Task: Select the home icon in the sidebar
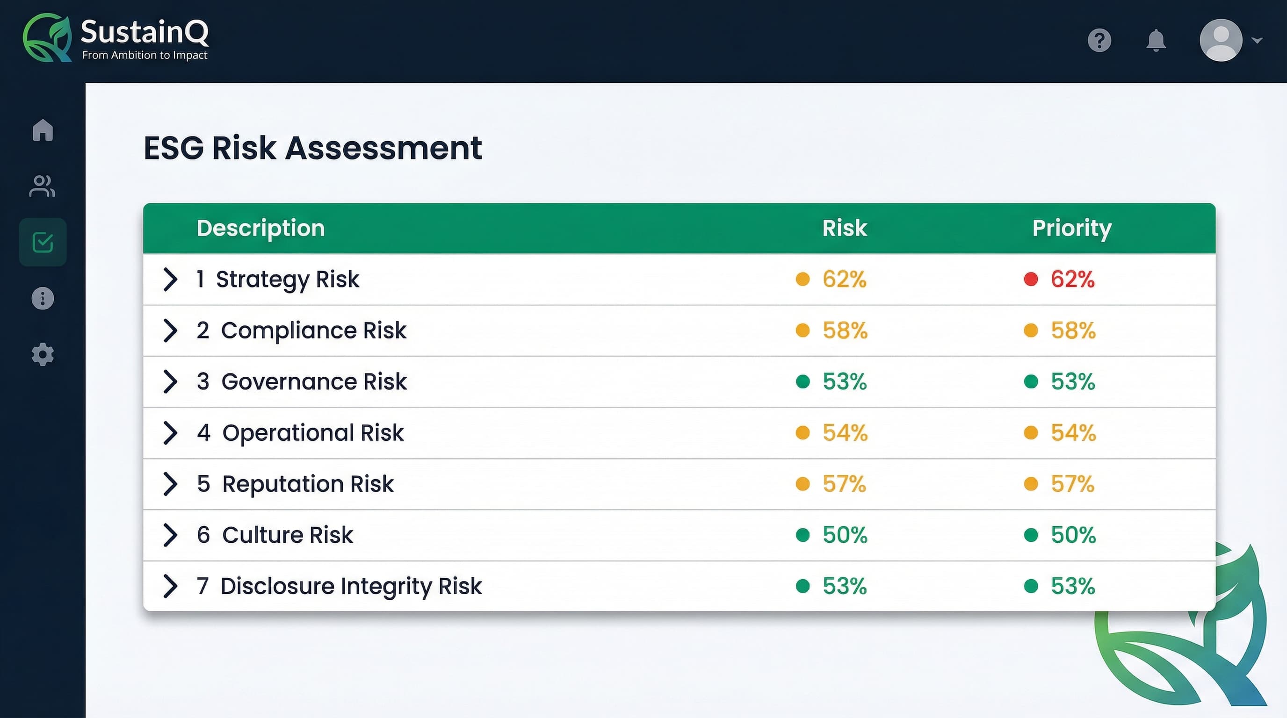click(43, 130)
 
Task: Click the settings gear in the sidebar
click(43, 354)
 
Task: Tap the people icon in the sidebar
click(43, 186)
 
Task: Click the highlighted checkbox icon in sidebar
click(43, 242)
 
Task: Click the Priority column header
click(1072, 228)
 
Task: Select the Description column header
click(260, 228)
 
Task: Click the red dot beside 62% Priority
click(1031, 279)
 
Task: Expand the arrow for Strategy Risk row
click(170, 279)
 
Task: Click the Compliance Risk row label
click(313, 330)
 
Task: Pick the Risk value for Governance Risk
click(844, 382)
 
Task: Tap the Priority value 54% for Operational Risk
click(1073, 433)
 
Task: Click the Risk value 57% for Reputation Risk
click(844, 484)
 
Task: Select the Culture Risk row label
click(287, 535)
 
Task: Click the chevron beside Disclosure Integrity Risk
click(170, 586)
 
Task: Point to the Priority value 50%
click(1073, 535)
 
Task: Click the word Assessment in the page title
click(383, 148)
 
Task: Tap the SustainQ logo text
click(145, 32)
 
